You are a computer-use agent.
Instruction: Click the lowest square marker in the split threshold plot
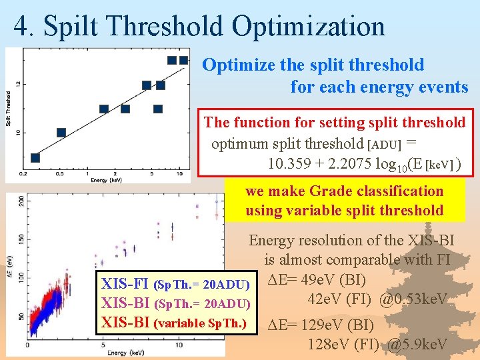coord(35,158)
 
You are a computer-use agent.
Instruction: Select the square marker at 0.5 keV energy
coord(61,133)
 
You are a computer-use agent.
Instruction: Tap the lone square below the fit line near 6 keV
coord(158,109)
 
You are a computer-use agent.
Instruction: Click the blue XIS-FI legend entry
coord(125,285)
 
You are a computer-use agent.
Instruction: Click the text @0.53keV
coord(413,301)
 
